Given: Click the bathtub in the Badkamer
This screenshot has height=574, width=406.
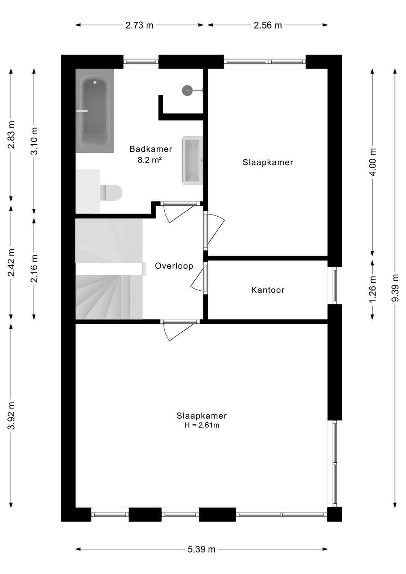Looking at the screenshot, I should coord(95,111).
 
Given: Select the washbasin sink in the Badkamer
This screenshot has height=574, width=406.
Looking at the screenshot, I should coord(193,160).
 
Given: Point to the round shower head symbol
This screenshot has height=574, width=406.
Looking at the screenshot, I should coord(187,90).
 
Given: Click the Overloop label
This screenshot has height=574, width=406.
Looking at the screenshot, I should coord(174,266).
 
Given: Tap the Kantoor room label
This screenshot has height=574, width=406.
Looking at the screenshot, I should coord(268,290).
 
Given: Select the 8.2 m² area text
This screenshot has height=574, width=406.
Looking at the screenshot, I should coord(150,160).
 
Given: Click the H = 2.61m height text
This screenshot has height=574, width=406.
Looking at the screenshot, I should coord(201,425).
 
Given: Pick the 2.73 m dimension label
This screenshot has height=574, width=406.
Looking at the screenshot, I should coord(139,25).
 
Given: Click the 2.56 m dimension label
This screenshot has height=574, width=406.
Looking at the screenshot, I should coord(268,25).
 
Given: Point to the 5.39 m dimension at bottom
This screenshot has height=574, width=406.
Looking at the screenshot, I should coord(201,549).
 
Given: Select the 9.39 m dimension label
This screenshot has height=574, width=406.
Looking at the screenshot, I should coord(395,288).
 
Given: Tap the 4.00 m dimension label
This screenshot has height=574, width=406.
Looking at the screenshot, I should coord(372,162).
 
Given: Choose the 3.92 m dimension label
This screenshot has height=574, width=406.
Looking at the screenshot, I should coord(11,416).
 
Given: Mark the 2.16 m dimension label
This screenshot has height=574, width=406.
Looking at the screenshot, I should coord(34,269).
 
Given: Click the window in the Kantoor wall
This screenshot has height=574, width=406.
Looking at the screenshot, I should coord(335,285).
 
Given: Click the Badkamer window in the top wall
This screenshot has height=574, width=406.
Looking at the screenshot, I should coord(141,62).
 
